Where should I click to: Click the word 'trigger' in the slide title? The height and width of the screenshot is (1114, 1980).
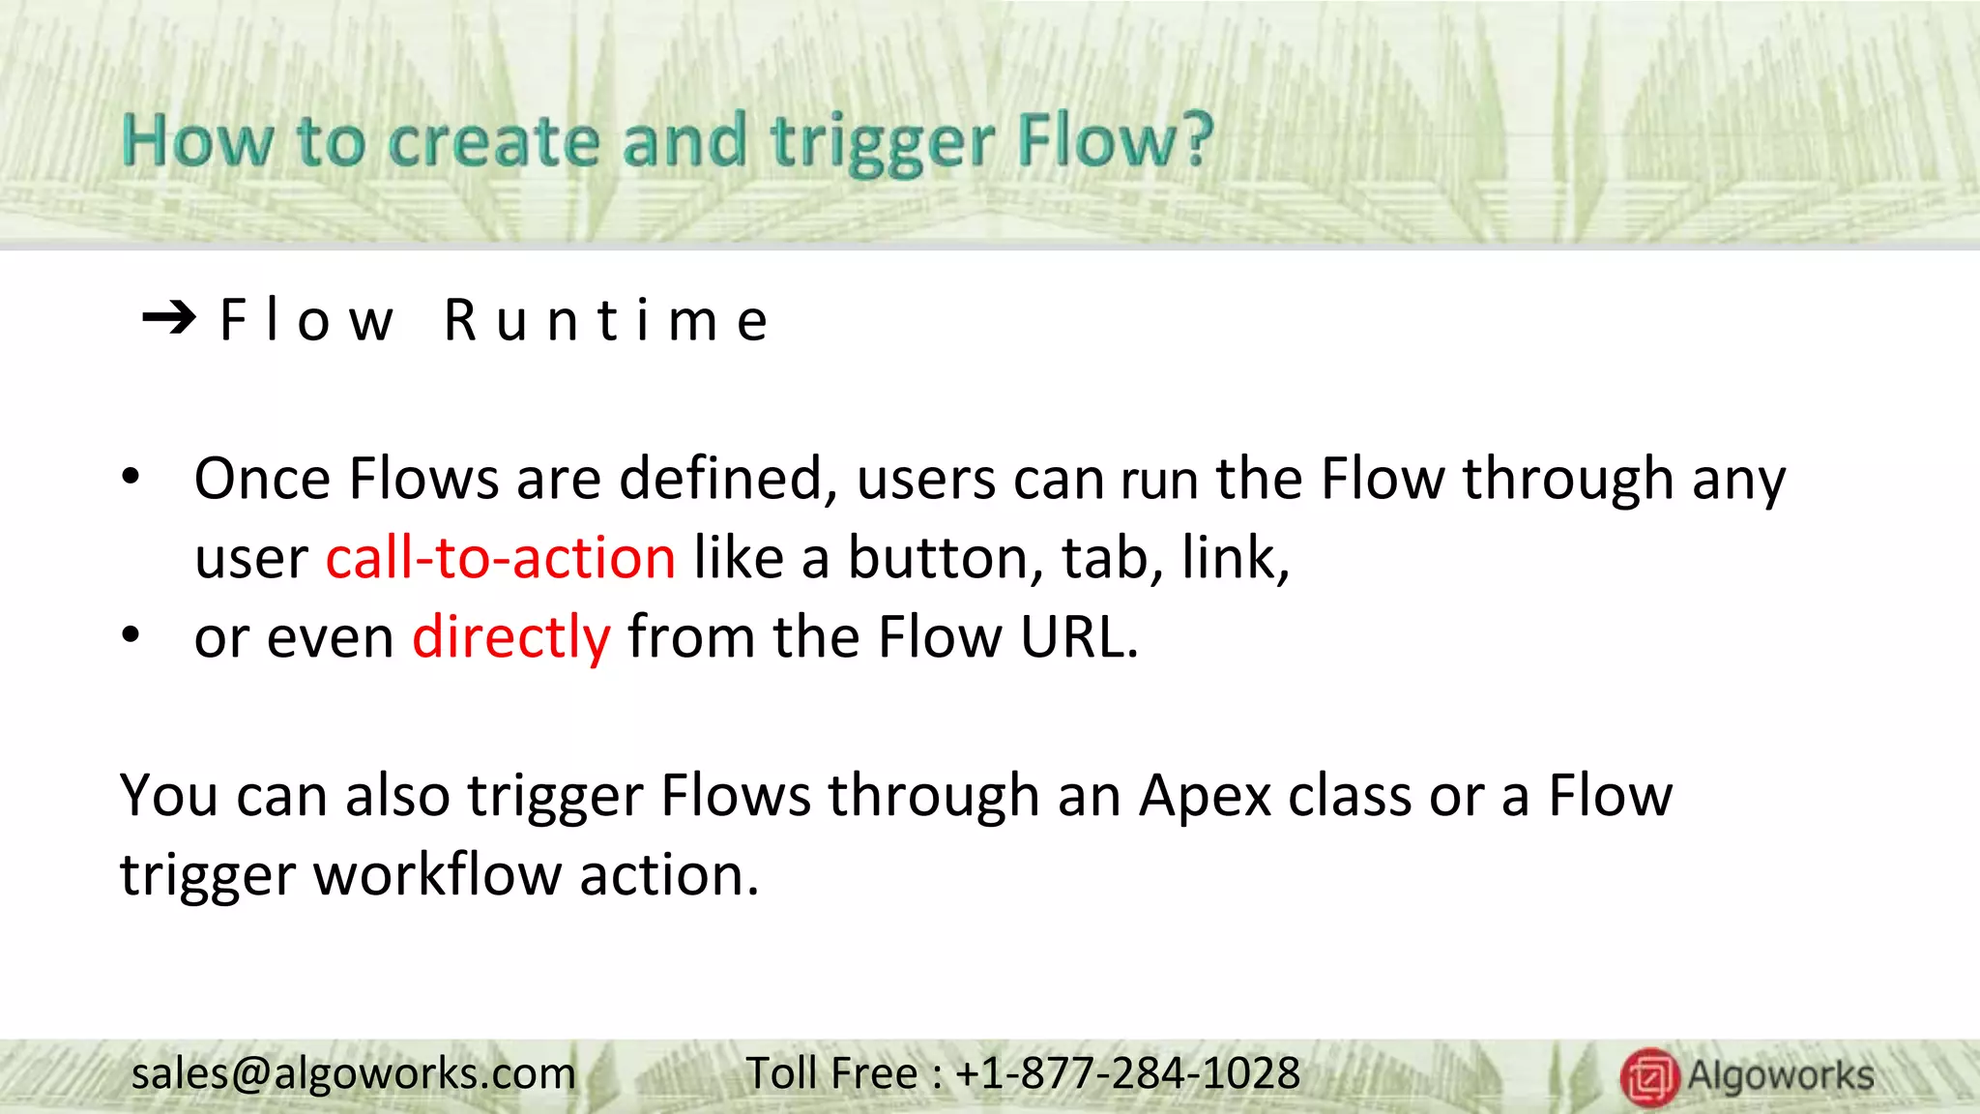coord(882,143)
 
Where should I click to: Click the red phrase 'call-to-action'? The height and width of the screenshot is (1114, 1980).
coord(500,558)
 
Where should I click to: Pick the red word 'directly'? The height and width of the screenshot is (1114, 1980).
coord(510,638)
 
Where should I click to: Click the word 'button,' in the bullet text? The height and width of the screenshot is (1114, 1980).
coord(946,558)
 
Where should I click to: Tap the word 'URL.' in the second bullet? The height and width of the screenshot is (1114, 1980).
coord(1080,637)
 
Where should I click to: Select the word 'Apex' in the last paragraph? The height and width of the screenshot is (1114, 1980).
coord(1205,796)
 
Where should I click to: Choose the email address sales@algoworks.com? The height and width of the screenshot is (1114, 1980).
coord(353,1073)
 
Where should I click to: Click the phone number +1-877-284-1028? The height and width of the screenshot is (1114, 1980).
coord(1127,1073)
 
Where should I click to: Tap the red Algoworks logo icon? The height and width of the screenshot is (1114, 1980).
coord(1649,1076)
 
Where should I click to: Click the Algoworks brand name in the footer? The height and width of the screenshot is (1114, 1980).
coord(1781,1075)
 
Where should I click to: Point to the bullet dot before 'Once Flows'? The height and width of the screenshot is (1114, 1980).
coord(131,478)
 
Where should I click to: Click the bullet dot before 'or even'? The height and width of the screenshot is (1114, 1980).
coord(131,636)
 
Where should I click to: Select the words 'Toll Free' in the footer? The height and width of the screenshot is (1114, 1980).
coord(831,1073)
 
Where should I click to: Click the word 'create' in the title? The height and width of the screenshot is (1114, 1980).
coord(494,143)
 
